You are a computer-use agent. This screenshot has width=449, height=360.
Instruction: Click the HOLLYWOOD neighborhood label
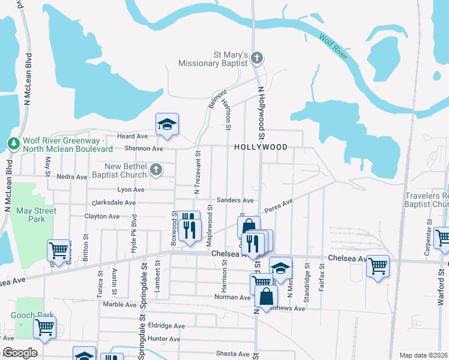click(x=261, y=147)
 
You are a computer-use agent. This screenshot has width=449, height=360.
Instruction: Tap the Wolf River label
click(x=334, y=47)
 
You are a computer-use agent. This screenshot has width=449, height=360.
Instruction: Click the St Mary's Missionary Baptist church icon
click(x=257, y=58)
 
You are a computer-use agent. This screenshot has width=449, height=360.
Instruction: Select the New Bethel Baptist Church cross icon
click(x=155, y=170)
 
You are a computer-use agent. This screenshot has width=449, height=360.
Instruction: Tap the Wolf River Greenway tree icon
click(x=13, y=144)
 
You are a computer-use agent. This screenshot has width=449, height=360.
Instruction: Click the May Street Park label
click(x=37, y=215)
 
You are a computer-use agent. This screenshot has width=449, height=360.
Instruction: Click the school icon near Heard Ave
click(x=167, y=124)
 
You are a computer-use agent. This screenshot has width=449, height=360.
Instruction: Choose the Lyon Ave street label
click(x=131, y=190)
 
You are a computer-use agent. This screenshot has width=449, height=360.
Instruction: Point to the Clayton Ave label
click(x=101, y=216)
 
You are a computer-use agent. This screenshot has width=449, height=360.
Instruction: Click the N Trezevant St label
click(x=197, y=173)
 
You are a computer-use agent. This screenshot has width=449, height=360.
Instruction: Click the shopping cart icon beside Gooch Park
click(x=44, y=328)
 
